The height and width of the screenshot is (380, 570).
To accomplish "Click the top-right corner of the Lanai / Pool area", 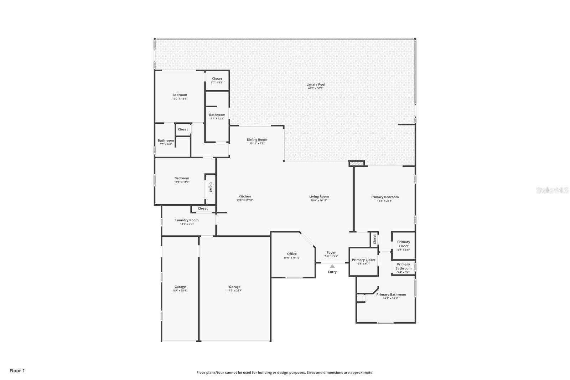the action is pyautogui.click(x=415, y=39).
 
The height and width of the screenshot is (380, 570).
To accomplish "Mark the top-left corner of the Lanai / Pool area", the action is pyautogui.click(x=155, y=39).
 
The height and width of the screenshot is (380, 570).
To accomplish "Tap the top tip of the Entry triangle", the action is pyautogui.click(x=332, y=265).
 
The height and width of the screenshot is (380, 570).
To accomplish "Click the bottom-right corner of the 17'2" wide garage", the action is pyautogui.click(x=270, y=341).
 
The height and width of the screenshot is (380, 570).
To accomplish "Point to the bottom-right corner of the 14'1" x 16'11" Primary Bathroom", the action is pyautogui.click(x=415, y=323).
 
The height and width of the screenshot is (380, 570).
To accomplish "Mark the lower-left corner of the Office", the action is pyautogui.click(x=271, y=277).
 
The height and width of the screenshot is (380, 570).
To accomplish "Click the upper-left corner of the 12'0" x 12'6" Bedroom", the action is pyautogui.click(x=155, y=71).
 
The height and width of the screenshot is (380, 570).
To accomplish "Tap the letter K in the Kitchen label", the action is pyautogui.click(x=240, y=196).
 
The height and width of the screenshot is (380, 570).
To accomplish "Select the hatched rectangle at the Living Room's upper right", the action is pyautogui.click(x=357, y=164).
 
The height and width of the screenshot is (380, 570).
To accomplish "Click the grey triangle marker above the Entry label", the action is pyautogui.click(x=332, y=266).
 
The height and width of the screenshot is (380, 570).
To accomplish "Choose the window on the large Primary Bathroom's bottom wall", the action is pyautogui.click(x=385, y=323).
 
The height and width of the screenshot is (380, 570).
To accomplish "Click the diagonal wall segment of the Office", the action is pyautogui.click(x=308, y=240).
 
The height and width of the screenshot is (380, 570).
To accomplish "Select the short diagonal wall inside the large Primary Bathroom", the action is pyautogui.click(x=376, y=290).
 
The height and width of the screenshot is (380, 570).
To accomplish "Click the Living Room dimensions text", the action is pyautogui.click(x=319, y=200).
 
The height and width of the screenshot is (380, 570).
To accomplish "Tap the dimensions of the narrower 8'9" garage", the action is pyautogui.click(x=180, y=291).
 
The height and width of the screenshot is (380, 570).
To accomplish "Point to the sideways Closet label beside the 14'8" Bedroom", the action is pyautogui.click(x=211, y=187).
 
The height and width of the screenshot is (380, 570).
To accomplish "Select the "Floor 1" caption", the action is pyautogui.click(x=17, y=371).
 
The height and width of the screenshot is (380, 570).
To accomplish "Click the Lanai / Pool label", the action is pyautogui.click(x=316, y=84).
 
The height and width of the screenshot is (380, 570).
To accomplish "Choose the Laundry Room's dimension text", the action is pyautogui.click(x=187, y=224).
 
